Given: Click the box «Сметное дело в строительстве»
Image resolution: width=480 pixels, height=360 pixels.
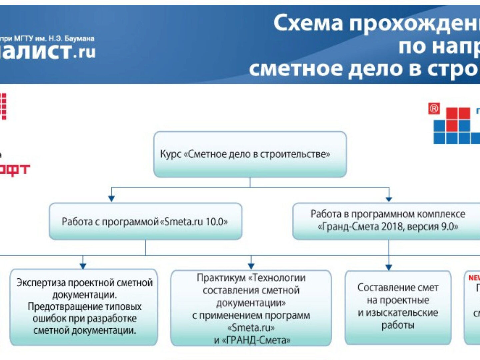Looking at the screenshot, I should (x=250, y=154).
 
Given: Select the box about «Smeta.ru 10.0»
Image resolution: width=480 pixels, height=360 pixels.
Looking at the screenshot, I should (x=145, y=222).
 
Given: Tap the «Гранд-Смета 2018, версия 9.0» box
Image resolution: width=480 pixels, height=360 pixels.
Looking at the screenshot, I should (x=387, y=221).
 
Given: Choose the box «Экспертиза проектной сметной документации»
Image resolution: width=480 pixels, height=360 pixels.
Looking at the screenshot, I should (x=84, y=307).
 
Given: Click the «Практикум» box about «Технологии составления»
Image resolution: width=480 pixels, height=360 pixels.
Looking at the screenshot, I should (x=251, y=308).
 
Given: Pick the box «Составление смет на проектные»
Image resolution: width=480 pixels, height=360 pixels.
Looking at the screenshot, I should (x=398, y=307).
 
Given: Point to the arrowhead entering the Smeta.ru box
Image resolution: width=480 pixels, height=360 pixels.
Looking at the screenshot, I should (x=112, y=198).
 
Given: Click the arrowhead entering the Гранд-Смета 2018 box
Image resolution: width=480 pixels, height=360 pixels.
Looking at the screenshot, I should (x=389, y=199).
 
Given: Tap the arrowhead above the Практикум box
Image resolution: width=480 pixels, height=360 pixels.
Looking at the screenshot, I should (x=251, y=266).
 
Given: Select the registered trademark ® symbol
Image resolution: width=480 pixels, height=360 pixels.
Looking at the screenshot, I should (x=434, y=109).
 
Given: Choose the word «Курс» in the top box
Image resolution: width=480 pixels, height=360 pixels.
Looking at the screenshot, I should (x=170, y=154).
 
